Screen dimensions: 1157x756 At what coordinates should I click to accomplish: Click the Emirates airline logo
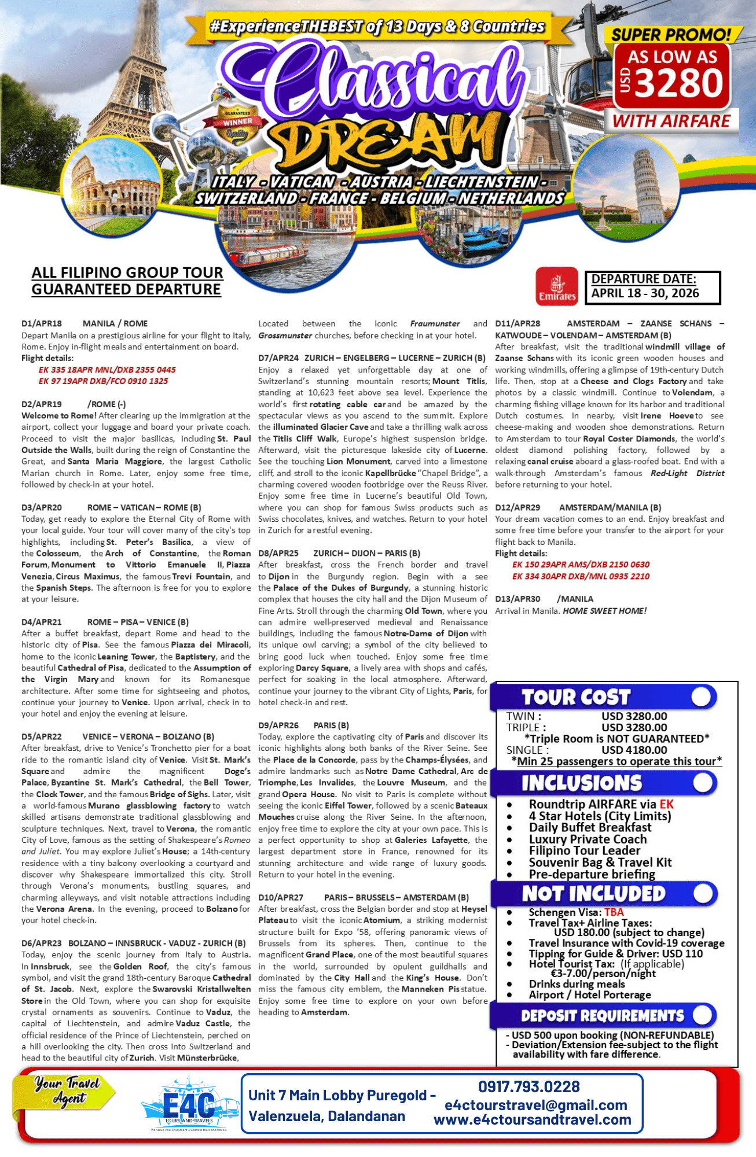557,286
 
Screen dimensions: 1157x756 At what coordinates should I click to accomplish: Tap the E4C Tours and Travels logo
190,1105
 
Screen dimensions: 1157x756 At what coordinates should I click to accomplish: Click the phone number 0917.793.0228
529,1086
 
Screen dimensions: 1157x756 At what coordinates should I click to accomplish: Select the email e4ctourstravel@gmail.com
535,1105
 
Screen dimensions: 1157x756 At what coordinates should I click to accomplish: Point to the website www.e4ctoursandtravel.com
533,1119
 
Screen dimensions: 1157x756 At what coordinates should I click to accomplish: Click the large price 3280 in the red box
680,83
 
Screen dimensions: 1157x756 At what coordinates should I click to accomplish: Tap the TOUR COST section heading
575,697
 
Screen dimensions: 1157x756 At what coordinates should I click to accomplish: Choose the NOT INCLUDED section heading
593,894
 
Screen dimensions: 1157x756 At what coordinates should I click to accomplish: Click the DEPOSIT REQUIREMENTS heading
602,1016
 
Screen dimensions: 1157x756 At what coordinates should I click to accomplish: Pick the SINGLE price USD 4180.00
634,750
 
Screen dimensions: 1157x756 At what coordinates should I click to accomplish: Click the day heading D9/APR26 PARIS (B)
303,725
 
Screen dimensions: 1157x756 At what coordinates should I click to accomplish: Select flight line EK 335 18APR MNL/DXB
107,370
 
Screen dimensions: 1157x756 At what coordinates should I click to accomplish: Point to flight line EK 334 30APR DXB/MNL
581,576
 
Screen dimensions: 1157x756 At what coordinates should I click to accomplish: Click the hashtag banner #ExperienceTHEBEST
377,27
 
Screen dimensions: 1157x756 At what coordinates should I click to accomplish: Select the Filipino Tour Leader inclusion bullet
584,850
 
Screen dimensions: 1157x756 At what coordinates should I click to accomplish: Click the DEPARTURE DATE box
652,286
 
